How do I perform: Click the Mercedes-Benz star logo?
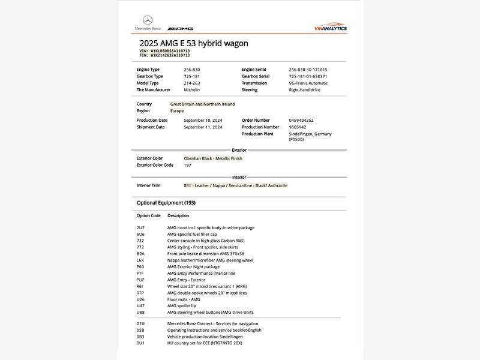pyautogui.click(x=148, y=20)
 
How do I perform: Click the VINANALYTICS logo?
pyautogui.click(x=330, y=28)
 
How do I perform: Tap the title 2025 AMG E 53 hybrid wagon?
pyautogui.click(x=193, y=43)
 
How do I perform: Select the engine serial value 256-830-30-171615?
pyautogui.click(x=308, y=70)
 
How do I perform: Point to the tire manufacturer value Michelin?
pyautogui.click(x=192, y=90)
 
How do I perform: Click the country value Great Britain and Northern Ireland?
pyautogui.click(x=202, y=104)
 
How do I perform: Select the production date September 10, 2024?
pyautogui.click(x=203, y=120)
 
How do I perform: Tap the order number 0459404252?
pyautogui.click(x=301, y=120)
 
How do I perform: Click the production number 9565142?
pyautogui.click(x=298, y=127)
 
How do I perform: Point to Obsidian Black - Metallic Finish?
pyautogui.click(x=213, y=158)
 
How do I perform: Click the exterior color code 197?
pyautogui.click(x=188, y=165)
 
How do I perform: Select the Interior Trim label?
pyautogui.click(x=148, y=185)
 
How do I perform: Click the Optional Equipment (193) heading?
pyautogui.click(x=166, y=203)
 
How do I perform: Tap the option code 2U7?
pyautogui.click(x=140, y=227)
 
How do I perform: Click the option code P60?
pyautogui.click(x=140, y=266)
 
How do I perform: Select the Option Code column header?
pyautogui.click(x=148, y=215)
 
